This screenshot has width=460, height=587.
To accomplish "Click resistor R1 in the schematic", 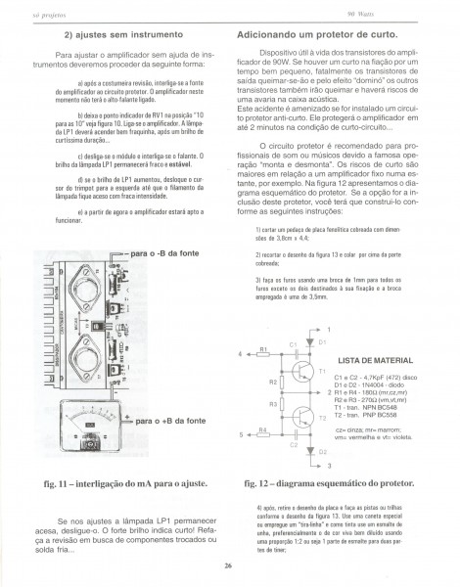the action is click(264, 354).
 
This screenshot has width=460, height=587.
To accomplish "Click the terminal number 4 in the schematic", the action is click(241, 353).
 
